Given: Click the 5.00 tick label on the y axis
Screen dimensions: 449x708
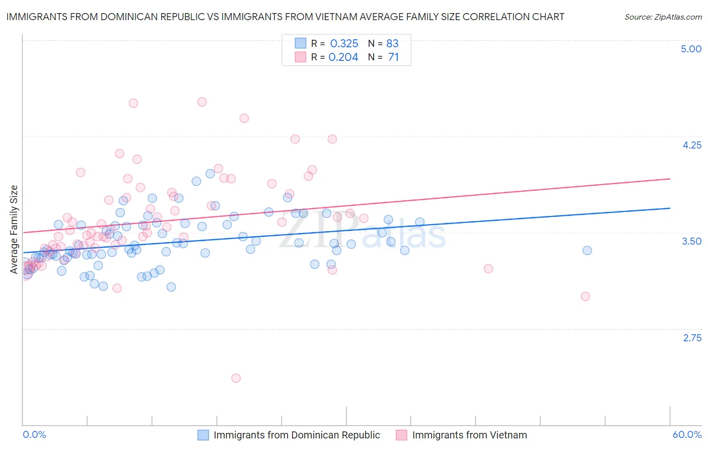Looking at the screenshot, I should (691, 49).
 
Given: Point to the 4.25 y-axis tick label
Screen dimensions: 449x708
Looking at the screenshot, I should (691, 145).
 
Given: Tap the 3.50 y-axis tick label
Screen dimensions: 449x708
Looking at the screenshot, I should (691, 241).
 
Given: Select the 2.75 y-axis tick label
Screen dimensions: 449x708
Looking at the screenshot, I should (692, 338).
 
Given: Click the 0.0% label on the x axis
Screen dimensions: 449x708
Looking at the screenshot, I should (34, 434).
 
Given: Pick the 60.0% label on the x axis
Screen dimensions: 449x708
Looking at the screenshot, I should (687, 434).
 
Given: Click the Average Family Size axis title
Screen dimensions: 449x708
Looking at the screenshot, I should (14, 230).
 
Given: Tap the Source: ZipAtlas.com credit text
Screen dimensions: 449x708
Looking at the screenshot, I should (663, 17).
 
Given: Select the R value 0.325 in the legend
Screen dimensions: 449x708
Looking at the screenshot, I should (344, 43).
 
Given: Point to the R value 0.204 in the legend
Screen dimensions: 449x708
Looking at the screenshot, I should (343, 57).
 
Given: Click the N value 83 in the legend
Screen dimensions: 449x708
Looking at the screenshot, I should (392, 43).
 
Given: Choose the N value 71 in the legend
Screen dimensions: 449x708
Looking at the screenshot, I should (393, 57).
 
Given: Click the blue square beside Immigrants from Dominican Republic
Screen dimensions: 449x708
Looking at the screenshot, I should (203, 435).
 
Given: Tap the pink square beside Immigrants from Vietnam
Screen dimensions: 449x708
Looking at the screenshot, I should (401, 435).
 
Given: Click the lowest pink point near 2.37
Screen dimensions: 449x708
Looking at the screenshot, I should (236, 378).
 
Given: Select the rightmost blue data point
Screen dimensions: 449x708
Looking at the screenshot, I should (587, 250).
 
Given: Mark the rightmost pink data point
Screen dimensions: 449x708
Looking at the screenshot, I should (585, 296).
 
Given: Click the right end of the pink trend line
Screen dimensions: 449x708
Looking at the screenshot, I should (670, 179).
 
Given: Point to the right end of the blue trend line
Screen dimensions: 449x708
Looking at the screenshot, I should (670, 208).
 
